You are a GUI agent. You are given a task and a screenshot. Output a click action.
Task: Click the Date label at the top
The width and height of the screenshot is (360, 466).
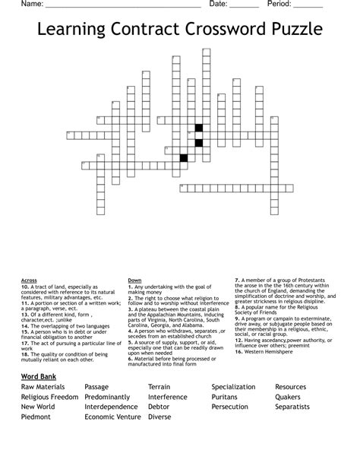coord(218,5)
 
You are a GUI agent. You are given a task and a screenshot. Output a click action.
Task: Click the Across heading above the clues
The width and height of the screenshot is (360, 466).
coord(29,280)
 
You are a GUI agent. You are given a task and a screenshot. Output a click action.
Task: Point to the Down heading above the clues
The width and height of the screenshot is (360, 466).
coord(135,280)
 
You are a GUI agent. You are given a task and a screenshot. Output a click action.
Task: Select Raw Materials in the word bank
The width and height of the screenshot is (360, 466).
coord(44,387)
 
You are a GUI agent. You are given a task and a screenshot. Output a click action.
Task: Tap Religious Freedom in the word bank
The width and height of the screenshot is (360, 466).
coord(49,397)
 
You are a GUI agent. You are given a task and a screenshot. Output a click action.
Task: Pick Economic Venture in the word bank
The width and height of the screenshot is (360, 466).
coord(112,417)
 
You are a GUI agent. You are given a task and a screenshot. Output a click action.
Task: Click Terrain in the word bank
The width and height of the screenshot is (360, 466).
coord(164,387)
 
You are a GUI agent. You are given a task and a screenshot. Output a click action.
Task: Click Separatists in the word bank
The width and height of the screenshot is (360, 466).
coord(296,407)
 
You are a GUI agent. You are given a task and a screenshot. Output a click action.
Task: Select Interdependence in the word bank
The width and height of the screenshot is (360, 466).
coord(115,407)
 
